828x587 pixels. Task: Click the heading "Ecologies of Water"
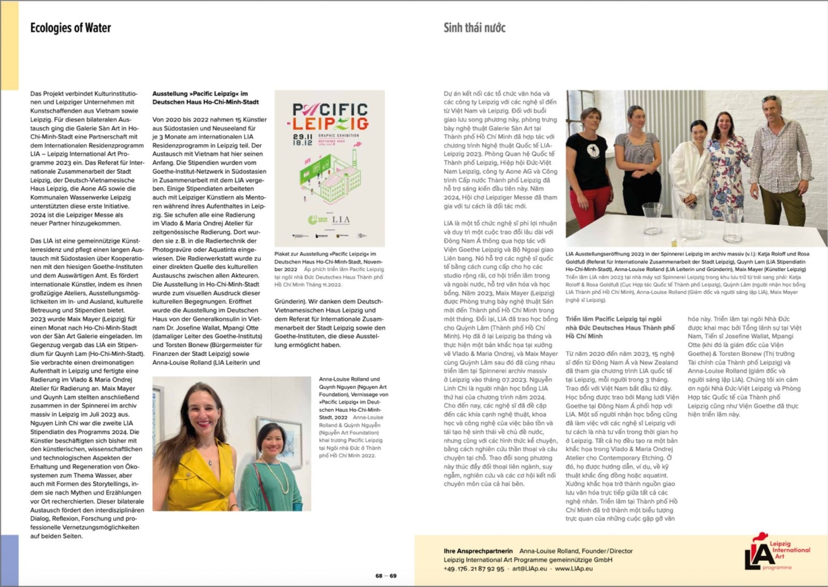[x=70, y=28]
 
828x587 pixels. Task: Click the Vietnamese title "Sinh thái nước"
[x=474, y=28]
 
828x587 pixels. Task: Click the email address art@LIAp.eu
[x=529, y=568]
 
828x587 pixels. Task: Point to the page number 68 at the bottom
[x=379, y=575]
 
